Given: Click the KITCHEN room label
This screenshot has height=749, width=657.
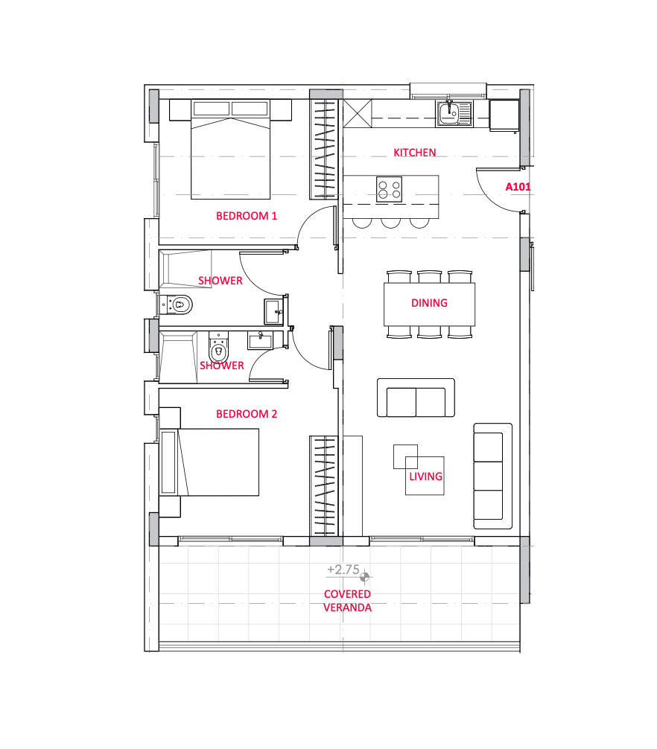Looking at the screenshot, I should (415, 153).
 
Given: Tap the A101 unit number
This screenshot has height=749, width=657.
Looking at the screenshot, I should (518, 187).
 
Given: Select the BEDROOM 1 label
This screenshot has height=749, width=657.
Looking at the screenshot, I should (247, 217).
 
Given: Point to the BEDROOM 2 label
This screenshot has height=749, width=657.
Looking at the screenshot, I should (247, 414).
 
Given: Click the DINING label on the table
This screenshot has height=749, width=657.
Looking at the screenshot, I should (429, 303).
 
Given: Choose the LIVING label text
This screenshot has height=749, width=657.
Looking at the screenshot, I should (425, 477).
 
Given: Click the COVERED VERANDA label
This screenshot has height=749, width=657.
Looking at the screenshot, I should (347, 601).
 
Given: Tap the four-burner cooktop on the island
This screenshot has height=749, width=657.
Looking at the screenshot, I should (389, 188).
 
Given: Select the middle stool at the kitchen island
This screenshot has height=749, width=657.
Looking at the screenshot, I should (390, 222).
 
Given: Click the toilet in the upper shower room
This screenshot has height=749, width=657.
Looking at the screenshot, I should (177, 305).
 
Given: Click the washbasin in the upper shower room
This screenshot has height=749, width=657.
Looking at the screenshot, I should (273, 312).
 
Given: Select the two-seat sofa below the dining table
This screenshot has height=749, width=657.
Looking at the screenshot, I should (415, 398).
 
